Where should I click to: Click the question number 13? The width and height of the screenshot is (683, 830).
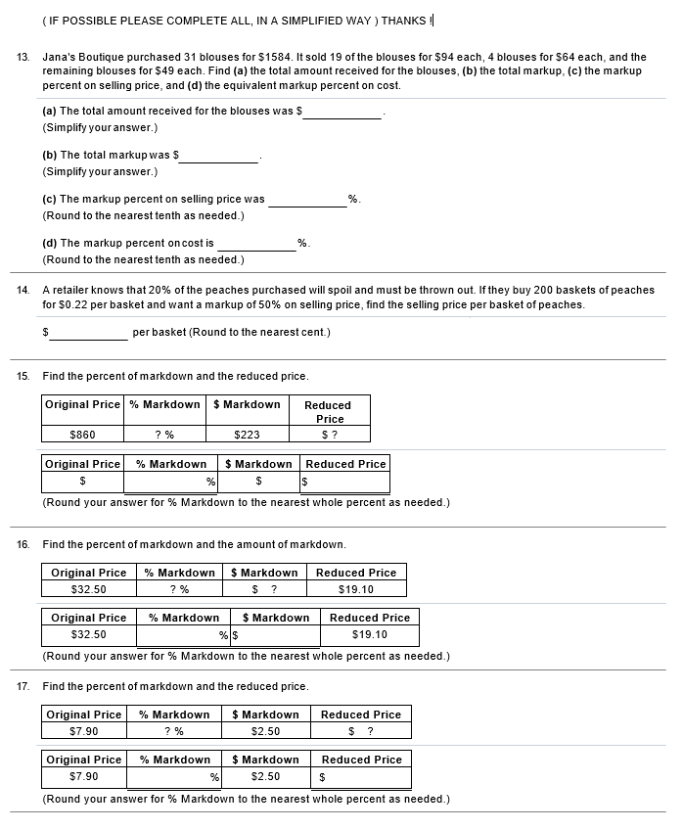tap(23, 58)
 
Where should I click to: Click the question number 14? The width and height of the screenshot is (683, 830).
tap(23, 291)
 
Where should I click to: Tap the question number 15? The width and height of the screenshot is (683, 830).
tap(23, 377)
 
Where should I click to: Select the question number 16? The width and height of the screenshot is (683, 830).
tap(23, 544)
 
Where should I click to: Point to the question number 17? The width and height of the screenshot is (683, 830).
tap(23, 686)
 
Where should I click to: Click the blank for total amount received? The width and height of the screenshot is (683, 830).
tap(342, 112)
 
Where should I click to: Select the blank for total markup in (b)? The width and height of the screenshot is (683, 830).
tap(220, 156)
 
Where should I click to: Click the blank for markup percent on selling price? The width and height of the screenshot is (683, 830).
tap(307, 200)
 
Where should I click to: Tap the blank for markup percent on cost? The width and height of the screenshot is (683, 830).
tap(256, 243)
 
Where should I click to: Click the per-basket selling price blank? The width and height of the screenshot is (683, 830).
tap(89, 333)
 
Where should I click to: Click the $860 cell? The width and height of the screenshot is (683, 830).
tap(83, 435)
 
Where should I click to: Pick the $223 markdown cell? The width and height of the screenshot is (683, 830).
tap(247, 435)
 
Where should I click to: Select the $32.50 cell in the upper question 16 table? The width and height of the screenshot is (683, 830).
tap(89, 589)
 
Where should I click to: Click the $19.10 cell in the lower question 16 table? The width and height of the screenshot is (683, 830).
tap(369, 634)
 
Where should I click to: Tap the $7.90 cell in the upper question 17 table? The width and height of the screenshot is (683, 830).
tap(84, 731)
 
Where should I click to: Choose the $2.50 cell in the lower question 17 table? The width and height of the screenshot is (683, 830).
tap(265, 777)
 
